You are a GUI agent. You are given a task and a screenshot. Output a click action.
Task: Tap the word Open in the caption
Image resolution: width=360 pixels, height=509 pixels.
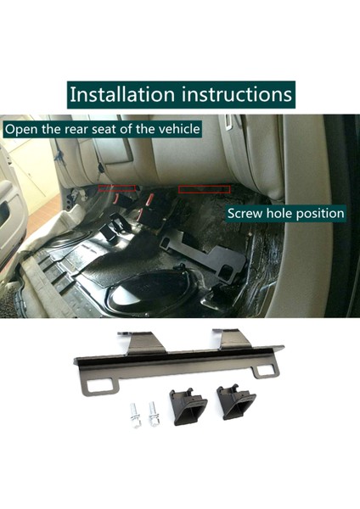click(x=23, y=130)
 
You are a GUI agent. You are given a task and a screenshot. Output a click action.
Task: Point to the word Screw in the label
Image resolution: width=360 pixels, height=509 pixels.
click(x=245, y=213)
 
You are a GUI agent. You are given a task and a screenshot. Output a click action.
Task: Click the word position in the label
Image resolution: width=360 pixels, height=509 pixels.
click(x=318, y=213)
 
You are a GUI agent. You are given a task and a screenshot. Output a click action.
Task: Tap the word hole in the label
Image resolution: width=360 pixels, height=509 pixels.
click(x=280, y=213)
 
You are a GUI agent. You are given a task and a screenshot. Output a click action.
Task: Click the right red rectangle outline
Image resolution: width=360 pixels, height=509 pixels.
click(x=203, y=190)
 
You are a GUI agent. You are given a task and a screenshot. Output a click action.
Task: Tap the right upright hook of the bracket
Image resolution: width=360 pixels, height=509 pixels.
click(x=231, y=338)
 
